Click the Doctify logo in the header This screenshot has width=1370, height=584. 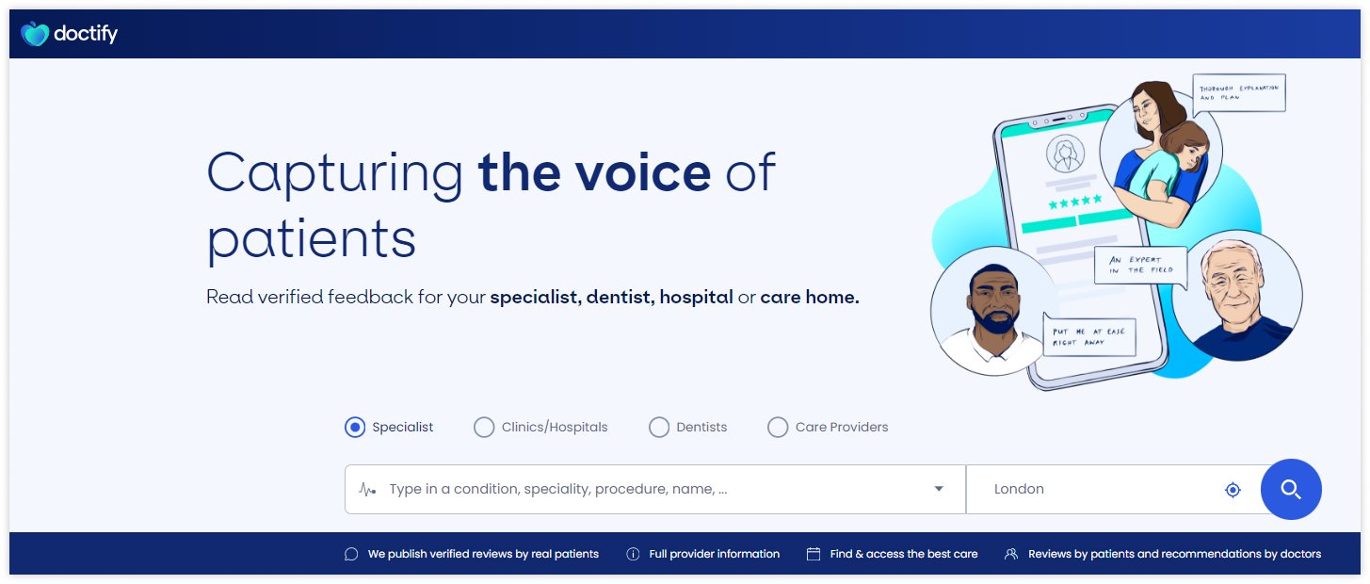tap(69, 35)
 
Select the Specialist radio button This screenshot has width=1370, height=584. tap(355, 428)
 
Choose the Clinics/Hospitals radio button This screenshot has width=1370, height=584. tap(484, 428)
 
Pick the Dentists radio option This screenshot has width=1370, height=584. tap(659, 428)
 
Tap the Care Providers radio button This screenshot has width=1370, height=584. tap(778, 428)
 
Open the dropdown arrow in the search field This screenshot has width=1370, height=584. tap(939, 489)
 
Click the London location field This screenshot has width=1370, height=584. tap(1092, 490)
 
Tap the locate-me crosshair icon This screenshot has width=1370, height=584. tap(1233, 490)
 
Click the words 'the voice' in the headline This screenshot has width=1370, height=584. tap(594, 173)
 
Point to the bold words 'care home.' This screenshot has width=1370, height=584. tap(810, 298)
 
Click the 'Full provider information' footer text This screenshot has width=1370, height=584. tap(714, 554)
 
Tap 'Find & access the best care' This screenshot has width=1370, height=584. tap(903, 554)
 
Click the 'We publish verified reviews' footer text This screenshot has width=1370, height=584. tap(482, 554)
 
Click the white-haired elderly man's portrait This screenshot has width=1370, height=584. tap(1236, 294)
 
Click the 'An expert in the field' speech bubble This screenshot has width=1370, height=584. tap(1140, 266)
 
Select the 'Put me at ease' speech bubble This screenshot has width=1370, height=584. tap(1089, 336)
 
